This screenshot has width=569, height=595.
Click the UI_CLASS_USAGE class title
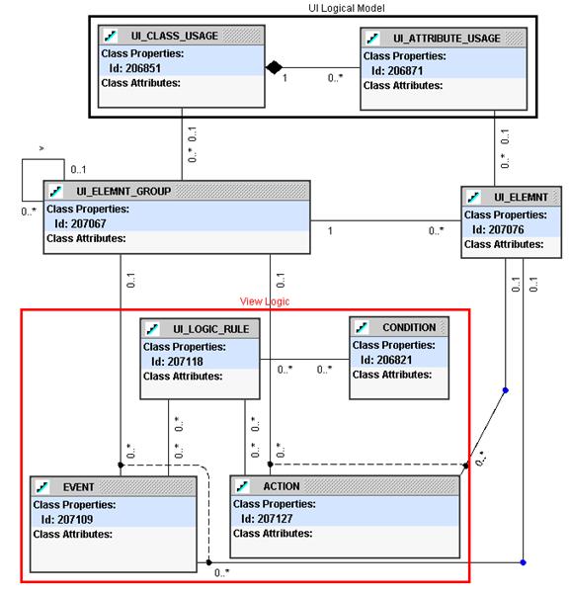[175, 36]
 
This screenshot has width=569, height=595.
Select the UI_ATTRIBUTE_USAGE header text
[447, 39]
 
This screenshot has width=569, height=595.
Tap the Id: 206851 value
[135, 68]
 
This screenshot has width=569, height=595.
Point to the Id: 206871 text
[397, 71]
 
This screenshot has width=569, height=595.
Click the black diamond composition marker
[274, 67]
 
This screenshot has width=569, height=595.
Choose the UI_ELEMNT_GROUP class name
[123, 192]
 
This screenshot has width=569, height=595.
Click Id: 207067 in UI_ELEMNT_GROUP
[80, 224]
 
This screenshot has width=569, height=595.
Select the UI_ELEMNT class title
[521, 198]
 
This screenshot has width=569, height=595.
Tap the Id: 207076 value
[498, 230]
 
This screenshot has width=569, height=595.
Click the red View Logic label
[265, 301]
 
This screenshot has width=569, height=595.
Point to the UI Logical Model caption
[347, 8]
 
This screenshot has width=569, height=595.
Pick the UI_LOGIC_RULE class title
[211, 329]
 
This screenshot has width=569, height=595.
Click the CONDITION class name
[409, 327]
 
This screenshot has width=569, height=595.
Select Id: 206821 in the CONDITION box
[386, 360]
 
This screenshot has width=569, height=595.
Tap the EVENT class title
[78, 487]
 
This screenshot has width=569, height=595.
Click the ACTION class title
[282, 486]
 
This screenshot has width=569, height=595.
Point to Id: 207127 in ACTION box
[267, 519]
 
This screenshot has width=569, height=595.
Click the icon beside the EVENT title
[42, 487]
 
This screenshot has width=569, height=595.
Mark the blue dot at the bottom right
[524, 562]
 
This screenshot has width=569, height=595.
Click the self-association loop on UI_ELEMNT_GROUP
[22, 180]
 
